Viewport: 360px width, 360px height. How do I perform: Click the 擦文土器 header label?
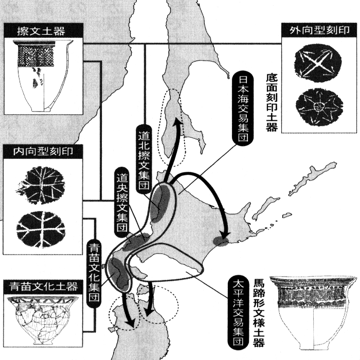click(x=41, y=31)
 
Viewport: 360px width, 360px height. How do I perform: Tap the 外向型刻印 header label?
click(x=319, y=30)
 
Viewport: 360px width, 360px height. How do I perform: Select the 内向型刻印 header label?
click(x=43, y=152)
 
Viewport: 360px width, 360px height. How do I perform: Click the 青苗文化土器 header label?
click(x=43, y=286)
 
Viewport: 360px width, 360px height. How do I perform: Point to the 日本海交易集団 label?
click(x=243, y=109)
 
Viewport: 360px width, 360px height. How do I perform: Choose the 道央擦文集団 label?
click(x=122, y=203)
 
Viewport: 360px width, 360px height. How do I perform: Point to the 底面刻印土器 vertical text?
click(x=272, y=103)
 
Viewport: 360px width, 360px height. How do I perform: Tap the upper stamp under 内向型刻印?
click(x=41, y=185)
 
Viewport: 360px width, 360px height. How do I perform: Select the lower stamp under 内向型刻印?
click(x=41, y=229)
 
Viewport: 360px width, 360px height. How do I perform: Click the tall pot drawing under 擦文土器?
click(x=43, y=76)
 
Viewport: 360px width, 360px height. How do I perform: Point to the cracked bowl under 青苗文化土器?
click(x=42, y=320)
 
